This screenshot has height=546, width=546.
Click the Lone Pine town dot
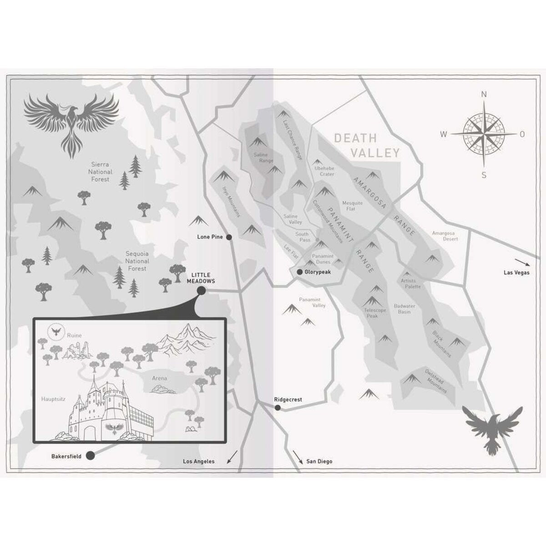(x=229, y=237)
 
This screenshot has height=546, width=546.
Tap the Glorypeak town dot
(x=299, y=272)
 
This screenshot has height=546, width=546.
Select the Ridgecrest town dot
(x=278, y=408)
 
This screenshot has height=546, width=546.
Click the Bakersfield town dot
(x=90, y=455)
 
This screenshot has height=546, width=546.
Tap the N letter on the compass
(x=484, y=95)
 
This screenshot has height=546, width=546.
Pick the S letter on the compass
(x=484, y=175)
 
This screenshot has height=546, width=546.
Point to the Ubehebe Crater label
(x=324, y=171)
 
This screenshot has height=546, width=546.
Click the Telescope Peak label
(x=375, y=313)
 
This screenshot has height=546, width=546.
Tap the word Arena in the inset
(x=160, y=378)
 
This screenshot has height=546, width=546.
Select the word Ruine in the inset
(x=74, y=335)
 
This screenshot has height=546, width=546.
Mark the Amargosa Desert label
(x=445, y=236)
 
